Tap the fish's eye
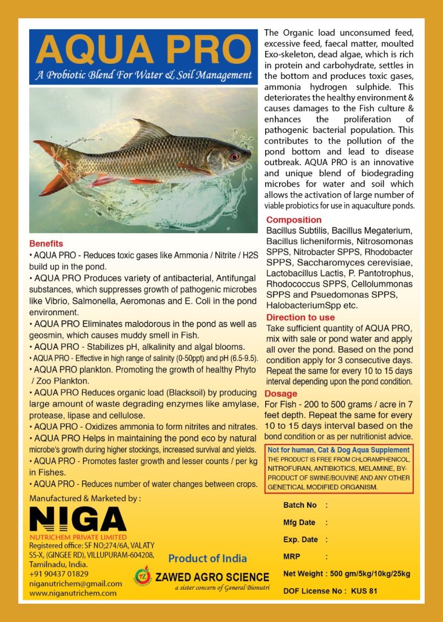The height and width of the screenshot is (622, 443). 234,156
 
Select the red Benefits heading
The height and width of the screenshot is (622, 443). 46,244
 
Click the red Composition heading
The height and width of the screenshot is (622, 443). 294,220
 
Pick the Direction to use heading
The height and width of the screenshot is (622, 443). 300,317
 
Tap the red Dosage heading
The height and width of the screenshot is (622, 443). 282,394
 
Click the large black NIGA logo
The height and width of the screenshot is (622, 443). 78,520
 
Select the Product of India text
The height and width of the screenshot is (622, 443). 208,558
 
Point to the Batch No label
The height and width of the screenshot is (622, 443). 300,505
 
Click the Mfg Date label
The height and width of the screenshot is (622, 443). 299,522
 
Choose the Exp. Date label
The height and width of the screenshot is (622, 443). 300,539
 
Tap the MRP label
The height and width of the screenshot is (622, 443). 293,556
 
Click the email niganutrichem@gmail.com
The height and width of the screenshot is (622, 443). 75,583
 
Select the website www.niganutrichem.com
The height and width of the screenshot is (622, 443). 73,593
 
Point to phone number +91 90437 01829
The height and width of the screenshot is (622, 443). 59,573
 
